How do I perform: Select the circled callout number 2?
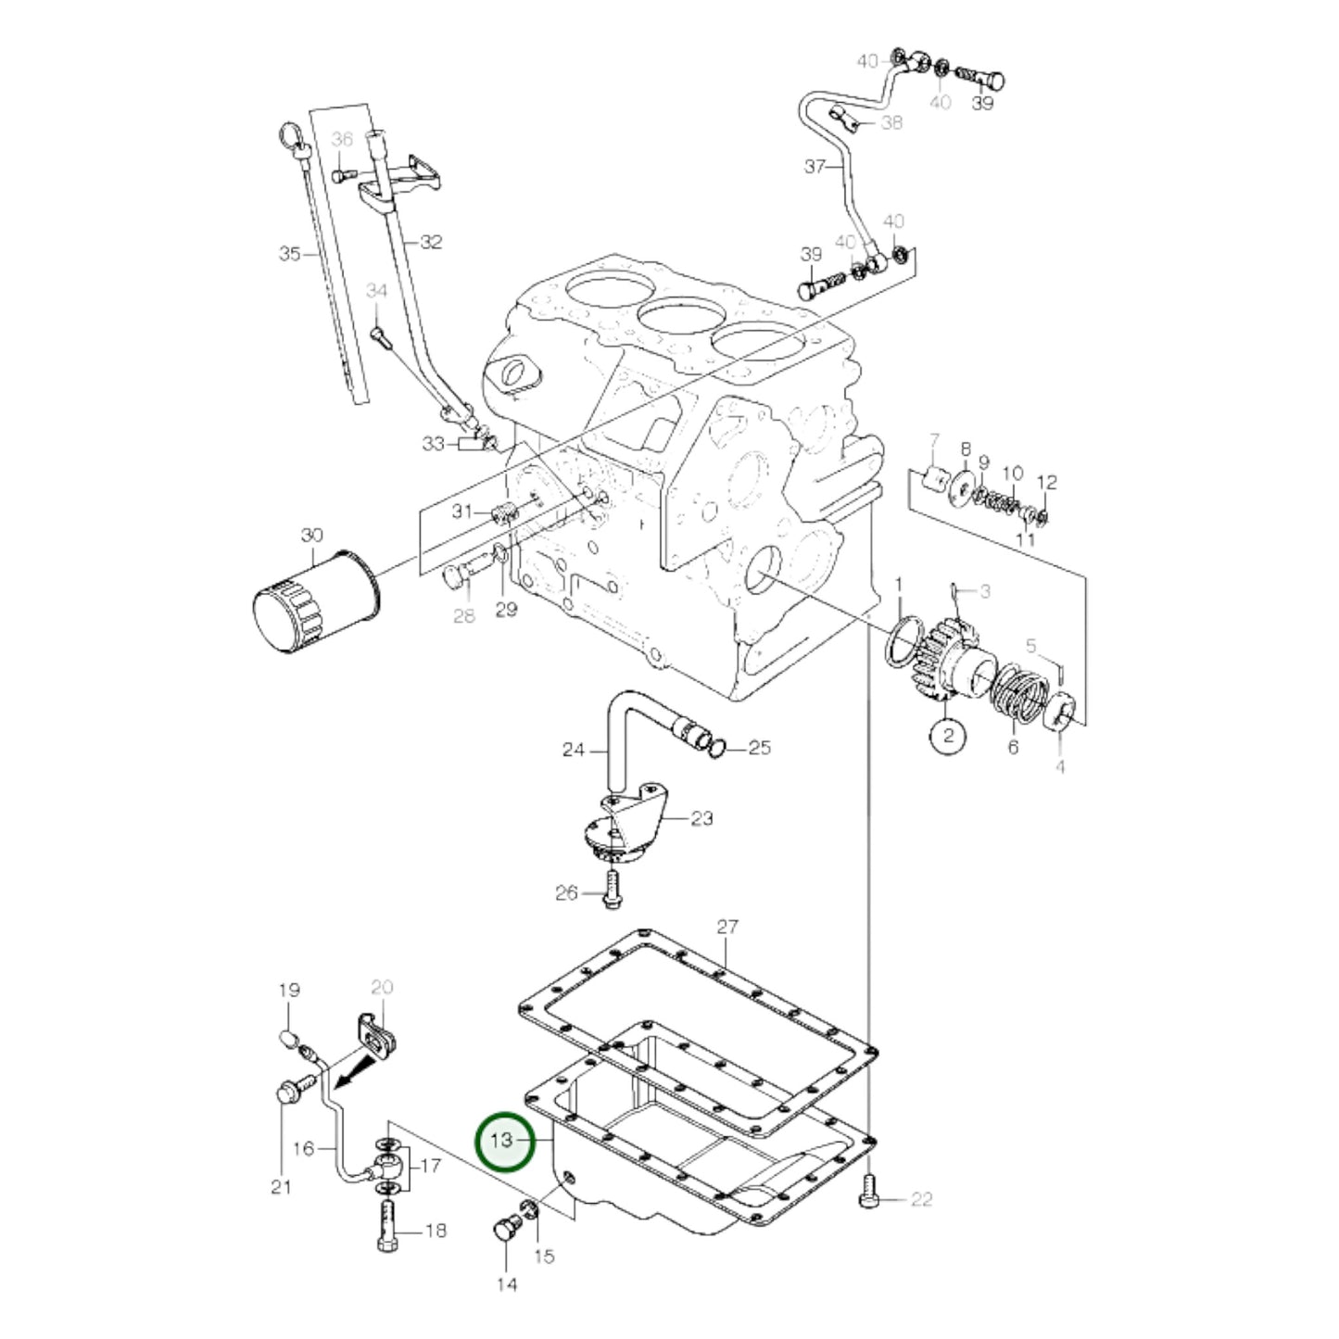(947, 737)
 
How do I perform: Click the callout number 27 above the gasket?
(727, 927)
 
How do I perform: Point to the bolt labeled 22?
(867, 1190)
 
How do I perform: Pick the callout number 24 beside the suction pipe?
(574, 750)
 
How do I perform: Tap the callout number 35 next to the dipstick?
(290, 253)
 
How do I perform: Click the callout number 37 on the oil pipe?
(815, 167)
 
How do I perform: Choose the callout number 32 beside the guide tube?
(431, 242)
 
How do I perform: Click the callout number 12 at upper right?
(1046, 483)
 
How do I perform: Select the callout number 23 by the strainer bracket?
(702, 818)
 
